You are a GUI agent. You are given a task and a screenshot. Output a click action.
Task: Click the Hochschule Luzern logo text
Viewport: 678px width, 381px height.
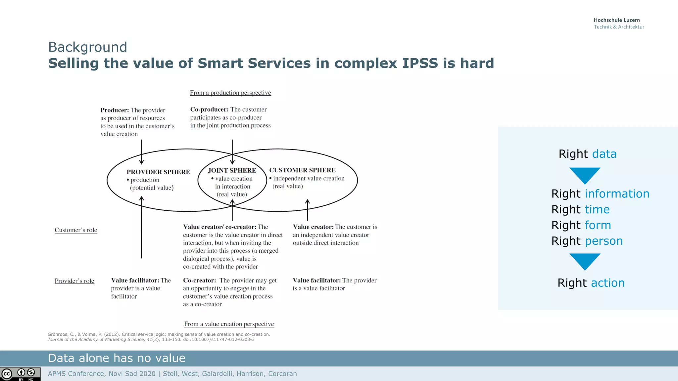(616, 20)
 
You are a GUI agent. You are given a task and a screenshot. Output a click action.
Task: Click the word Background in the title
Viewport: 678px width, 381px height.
(87, 47)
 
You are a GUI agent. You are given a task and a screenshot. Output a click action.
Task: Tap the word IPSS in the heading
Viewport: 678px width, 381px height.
(420, 63)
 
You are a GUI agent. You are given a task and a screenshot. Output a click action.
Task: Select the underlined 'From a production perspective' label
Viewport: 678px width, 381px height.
(230, 93)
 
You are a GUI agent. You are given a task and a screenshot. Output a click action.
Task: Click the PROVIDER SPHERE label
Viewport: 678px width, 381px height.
(158, 172)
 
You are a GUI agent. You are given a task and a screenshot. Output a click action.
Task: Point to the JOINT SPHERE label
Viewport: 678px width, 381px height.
(232, 171)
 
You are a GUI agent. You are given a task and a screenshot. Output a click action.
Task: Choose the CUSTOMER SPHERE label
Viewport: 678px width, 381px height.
(302, 170)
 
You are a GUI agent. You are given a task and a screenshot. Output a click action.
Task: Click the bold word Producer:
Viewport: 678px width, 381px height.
(115, 110)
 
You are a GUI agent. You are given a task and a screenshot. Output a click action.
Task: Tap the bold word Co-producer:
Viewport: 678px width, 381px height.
(209, 109)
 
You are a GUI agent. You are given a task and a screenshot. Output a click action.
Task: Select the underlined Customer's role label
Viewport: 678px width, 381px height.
(76, 230)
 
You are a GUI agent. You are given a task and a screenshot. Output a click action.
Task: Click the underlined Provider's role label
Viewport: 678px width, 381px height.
(74, 281)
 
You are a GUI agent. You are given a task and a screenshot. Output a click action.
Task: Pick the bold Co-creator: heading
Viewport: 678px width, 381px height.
(199, 280)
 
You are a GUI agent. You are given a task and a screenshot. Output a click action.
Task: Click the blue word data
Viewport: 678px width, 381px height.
(604, 154)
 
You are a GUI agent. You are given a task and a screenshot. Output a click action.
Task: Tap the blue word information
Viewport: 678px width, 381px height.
(617, 194)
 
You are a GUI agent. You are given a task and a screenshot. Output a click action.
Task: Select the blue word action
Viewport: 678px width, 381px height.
(607, 283)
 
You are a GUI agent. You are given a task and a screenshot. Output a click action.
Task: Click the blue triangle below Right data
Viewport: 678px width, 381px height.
(585, 175)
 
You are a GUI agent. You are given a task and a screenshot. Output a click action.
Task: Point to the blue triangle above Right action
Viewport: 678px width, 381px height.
(585, 261)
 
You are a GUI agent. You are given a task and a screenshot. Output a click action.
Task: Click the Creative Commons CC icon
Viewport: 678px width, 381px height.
(7, 374)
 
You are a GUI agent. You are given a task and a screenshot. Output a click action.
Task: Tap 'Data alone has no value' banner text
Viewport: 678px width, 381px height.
(117, 358)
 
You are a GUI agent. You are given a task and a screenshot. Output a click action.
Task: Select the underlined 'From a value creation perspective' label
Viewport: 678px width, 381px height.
(229, 324)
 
